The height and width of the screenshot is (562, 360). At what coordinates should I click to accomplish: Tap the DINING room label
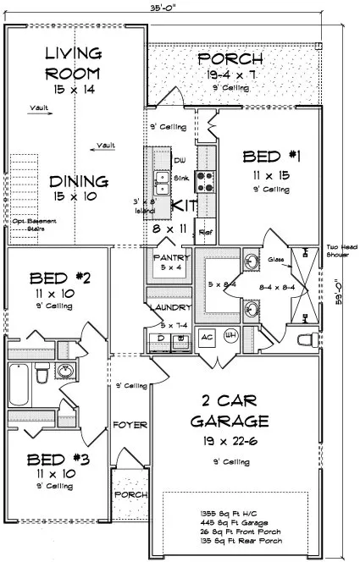coord(78,181)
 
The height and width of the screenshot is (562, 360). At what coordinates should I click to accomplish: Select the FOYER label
coord(130,424)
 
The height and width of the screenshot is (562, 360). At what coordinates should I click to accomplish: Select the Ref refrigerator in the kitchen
coord(204,230)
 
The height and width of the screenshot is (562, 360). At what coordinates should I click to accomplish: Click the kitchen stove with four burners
coord(205,179)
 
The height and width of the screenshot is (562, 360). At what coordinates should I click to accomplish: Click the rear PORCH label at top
coord(230,59)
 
